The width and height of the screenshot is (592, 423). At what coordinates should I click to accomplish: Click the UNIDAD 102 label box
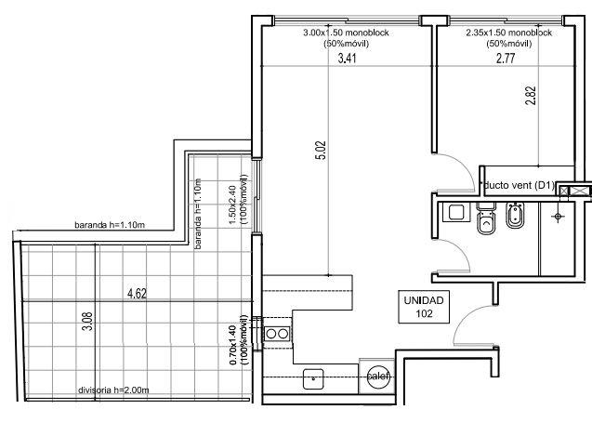[x=424, y=307]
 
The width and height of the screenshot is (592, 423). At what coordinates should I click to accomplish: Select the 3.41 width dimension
[x=347, y=59]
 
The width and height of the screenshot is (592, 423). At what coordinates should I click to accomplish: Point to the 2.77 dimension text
[x=506, y=59]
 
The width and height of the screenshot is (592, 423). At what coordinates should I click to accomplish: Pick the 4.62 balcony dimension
[x=137, y=294]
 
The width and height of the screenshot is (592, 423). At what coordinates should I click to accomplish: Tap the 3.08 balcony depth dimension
[x=87, y=321]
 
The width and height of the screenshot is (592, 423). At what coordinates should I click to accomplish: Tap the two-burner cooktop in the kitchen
[x=277, y=334]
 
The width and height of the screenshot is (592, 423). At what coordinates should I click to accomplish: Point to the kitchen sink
[x=313, y=378]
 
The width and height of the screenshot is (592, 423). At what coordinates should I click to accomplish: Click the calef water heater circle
[x=378, y=377]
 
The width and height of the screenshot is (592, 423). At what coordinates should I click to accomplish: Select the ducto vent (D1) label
[x=520, y=185]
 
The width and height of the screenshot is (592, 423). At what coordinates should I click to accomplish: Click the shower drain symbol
[x=558, y=216]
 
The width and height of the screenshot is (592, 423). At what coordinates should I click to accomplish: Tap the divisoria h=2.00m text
[x=113, y=390]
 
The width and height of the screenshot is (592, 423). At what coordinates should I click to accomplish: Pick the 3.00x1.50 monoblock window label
[x=347, y=33]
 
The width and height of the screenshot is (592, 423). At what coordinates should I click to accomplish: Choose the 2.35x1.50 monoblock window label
[x=509, y=33]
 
